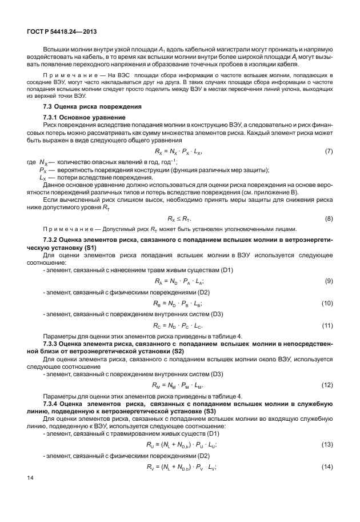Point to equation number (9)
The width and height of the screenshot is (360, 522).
329,281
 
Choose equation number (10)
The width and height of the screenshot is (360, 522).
327,303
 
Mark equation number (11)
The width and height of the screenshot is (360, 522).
327,325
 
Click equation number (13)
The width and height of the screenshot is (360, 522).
327,444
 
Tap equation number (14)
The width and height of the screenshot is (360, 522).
327,467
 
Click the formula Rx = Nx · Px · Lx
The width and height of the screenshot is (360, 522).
179,152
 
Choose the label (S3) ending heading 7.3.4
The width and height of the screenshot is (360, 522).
209,412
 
